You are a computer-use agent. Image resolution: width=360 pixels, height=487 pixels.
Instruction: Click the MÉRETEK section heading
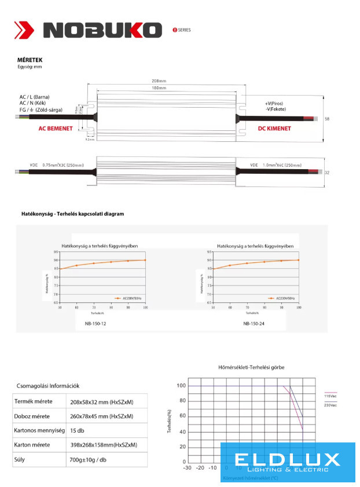click(30, 60)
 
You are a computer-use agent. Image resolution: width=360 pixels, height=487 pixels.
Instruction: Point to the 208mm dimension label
click(158, 81)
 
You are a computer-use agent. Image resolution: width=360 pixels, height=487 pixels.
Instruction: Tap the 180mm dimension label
click(159, 88)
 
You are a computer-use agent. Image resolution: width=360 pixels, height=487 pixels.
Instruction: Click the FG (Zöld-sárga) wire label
click(41, 109)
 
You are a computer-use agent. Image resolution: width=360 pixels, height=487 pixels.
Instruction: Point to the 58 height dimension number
click(328, 119)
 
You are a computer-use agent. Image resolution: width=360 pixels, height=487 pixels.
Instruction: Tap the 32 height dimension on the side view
click(328, 172)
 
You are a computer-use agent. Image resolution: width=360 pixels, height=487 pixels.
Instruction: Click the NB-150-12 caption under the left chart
click(95, 324)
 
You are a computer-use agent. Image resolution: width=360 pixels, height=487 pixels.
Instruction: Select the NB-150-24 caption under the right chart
click(255, 324)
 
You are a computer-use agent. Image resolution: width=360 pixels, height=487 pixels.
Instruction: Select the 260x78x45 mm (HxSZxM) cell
click(101, 416)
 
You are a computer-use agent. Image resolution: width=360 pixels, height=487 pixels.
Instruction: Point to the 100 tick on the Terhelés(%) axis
click(181, 386)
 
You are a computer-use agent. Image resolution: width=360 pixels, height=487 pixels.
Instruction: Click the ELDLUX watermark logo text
click(288, 460)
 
